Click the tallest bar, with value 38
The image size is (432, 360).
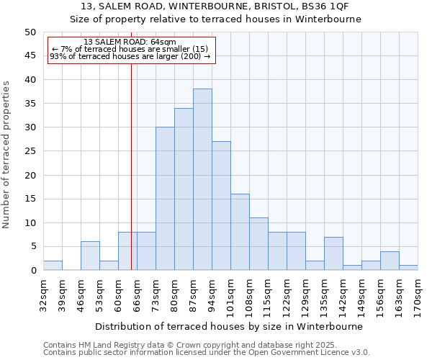pyautogui.click(x=202, y=179)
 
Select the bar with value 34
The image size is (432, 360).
pyautogui.click(x=184, y=189)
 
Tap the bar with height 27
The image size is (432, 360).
pyautogui.click(x=221, y=205)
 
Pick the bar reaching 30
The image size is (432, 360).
pyautogui.click(x=165, y=198)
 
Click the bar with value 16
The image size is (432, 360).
pyautogui.click(x=240, y=232)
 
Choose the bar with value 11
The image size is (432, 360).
pyautogui.click(x=258, y=243)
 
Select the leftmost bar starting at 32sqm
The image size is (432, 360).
pyautogui.click(x=53, y=266)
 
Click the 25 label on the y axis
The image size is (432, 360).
pyautogui.click(x=30, y=151)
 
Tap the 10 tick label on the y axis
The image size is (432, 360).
pyautogui.click(x=30, y=222)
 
